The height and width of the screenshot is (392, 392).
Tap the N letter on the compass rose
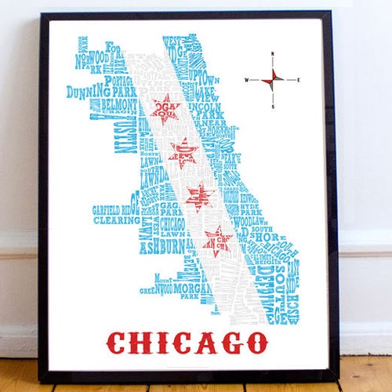coord(272,54)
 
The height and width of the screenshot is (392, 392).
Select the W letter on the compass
coord(246,80)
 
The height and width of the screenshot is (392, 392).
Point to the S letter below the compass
coord(272,106)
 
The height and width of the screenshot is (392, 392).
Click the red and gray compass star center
coord(272,79)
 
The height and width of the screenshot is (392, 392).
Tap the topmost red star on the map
coord(165,109)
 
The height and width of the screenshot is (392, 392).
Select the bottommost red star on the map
coord(217,239)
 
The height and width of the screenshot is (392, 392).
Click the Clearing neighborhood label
coord(116,220)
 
